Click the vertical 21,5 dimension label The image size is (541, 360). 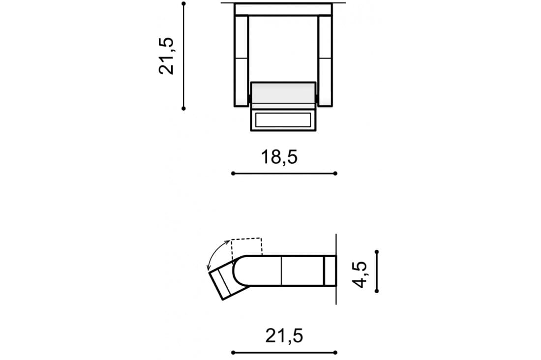[x=166, y=56]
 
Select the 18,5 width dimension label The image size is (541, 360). [x=279, y=157]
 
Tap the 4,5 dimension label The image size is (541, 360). [x=360, y=274]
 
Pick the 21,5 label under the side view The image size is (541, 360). [x=284, y=335]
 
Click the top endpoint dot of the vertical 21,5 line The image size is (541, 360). [x=183, y=4]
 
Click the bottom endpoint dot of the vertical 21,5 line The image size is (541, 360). [x=183, y=108]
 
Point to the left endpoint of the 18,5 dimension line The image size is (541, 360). [x=233, y=173]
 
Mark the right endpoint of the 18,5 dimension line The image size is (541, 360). [x=335, y=173]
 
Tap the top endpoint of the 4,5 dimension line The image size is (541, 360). [x=376, y=252]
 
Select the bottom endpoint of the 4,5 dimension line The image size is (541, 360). [x=376, y=291]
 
